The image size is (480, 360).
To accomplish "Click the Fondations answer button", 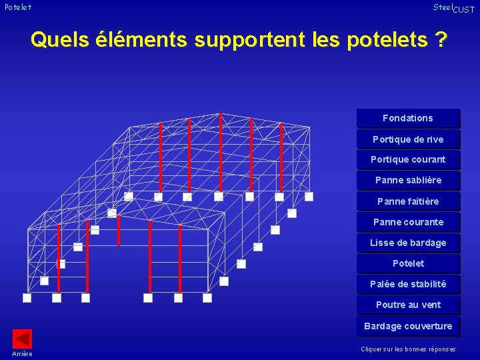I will click(x=407, y=118).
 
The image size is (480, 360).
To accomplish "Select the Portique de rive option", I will click(x=407, y=139).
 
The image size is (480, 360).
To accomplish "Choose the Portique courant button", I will click(x=407, y=159).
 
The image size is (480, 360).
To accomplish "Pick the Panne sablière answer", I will click(x=407, y=180).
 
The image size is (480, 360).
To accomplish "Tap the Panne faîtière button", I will click(x=407, y=201).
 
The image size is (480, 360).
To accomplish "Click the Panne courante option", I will click(x=407, y=222).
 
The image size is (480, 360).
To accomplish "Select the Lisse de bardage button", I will click(x=407, y=243).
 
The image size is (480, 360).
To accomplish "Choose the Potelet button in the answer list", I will click(x=407, y=263).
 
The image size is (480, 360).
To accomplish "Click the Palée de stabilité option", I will click(x=407, y=284).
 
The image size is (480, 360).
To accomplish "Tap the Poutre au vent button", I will click(x=407, y=305).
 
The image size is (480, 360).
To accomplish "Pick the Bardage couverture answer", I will click(x=407, y=326).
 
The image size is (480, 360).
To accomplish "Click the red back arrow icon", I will click(x=22, y=339).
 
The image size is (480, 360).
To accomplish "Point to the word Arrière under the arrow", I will click(x=22, y=353).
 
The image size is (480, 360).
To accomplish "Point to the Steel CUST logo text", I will click(x=453, y=8).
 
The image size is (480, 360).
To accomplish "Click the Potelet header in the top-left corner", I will click(x=17, y=7).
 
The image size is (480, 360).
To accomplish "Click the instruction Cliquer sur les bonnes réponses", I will click(x=408, y=349).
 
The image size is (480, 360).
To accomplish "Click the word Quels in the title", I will click(x=59, y=40).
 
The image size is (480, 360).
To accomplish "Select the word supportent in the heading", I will click(x=250, y=40).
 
